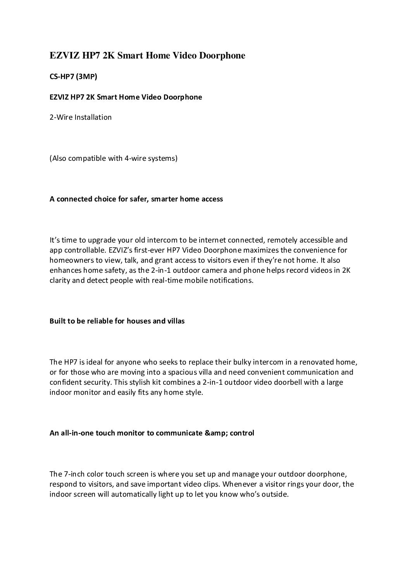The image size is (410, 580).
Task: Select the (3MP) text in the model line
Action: click(x=86, y=77)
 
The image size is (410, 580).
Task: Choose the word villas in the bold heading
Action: click(x=176, y=321)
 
